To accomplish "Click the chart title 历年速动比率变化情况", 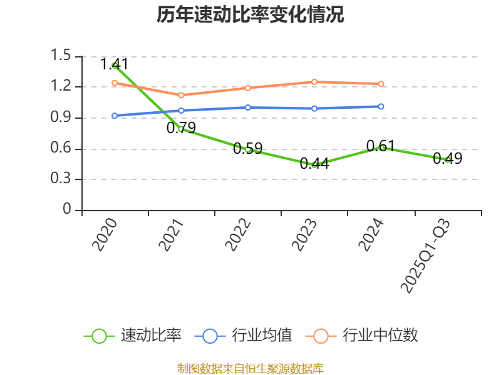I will click(250, 15).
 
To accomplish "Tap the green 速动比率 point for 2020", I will click(115, 66).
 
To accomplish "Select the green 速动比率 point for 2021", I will click(181, 129).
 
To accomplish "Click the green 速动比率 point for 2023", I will click(314, 164).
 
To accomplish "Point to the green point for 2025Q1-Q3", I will click(448, 160).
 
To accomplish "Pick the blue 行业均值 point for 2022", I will click(248, 107).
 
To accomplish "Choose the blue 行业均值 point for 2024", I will click(381, 106).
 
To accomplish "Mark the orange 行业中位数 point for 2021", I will click(181, 95).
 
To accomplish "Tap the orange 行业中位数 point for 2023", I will click(314, 82).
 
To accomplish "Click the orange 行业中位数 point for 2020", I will click(115, 82).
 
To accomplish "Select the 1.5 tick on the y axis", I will click(62, 56).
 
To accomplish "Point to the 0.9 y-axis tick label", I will click(62, 117).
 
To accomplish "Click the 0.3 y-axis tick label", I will click(62, 179).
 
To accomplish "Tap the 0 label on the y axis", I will click(68, 210).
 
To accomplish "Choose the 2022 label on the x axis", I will click(239, 235).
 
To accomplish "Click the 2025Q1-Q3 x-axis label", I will click(425, 255).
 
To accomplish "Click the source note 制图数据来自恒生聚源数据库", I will click(250, 368).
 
